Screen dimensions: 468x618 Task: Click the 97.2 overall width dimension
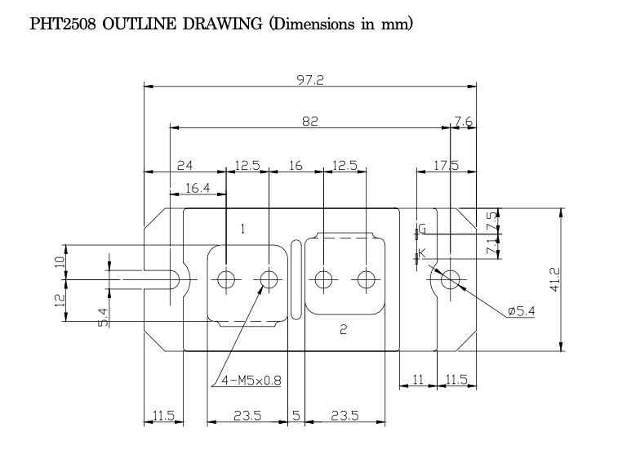310,79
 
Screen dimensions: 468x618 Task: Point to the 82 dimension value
309,121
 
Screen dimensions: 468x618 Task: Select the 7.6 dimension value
464,121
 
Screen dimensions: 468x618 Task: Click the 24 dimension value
185,166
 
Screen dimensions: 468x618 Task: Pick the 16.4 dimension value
196,188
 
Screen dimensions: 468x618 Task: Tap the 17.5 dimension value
446,166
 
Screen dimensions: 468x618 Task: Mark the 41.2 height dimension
554,279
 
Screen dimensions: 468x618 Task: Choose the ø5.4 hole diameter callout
520,311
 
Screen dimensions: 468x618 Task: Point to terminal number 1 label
242,230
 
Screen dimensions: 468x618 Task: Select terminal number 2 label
343,329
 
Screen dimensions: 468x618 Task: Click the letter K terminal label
422,253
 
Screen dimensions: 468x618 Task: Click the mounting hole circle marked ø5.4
451,279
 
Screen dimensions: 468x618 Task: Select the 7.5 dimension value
491,221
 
